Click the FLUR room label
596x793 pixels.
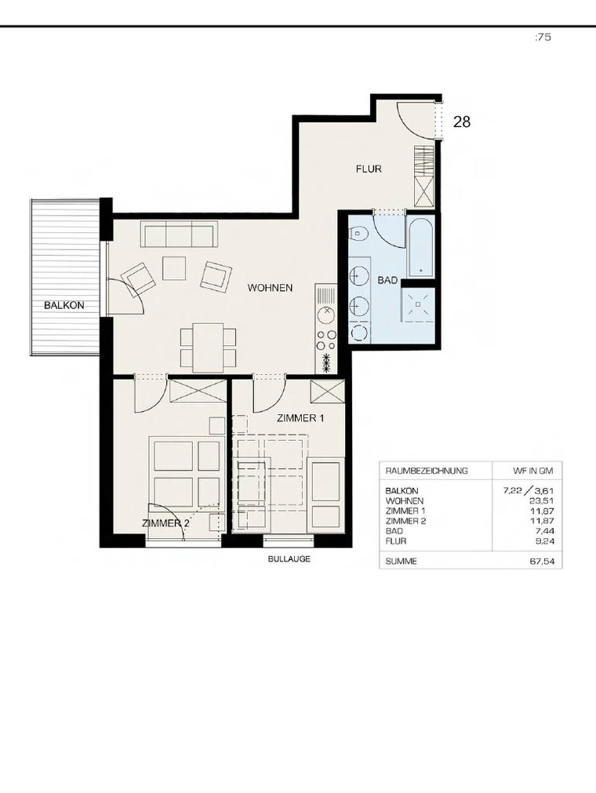pos(369,169)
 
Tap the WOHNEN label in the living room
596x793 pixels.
pos(270,288)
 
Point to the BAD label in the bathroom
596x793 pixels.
pos(387,280)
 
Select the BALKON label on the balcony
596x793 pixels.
pos(64,305)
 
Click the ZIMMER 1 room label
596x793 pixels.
pos(300,418)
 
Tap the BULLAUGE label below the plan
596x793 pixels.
pos(289,558)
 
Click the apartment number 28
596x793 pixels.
pos(462,122)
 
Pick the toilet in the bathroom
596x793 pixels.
pos(358,235)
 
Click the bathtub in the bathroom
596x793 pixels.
pos(420,247)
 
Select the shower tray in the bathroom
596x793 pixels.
pos(418,304)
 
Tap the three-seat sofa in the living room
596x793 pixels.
pos(179,234)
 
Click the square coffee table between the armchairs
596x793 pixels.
pos(174,268)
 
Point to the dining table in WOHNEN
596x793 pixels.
pos(209,347)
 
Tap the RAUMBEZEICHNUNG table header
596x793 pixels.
pos(427,471)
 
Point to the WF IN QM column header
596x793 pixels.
pos(532,471)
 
